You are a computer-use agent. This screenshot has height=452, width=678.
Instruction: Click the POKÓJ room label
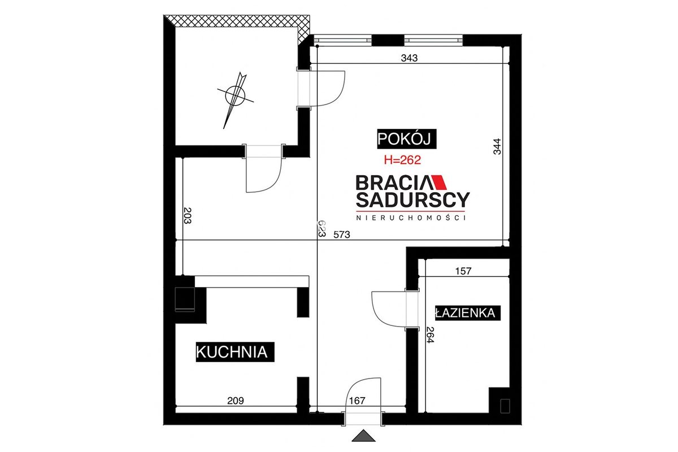pyautogui.click(x=406, y=139)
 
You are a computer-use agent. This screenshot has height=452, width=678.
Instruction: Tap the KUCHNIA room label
pyautogui.click(x=235, y=352)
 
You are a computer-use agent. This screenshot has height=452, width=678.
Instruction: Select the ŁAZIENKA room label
pyautogui.click(x=468, y=313)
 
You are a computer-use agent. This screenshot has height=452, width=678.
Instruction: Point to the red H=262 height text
pyautogui.click(x=402, y=160)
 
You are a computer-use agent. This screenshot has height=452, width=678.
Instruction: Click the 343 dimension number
pyautogui.click(x=409, y=58)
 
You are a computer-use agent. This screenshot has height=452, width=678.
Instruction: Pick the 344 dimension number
pyautogui.click(x=497, y=146)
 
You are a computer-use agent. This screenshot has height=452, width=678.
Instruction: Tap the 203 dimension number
pyautogui.click(x=188, y=215)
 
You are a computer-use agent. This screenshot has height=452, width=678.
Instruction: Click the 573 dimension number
pyautogui.click(x=342, y=234)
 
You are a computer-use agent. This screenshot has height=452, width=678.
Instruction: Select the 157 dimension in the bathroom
pyautogui.click(x=463, y=271)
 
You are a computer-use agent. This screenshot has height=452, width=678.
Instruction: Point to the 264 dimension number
pyautogui.click(x=430, y=335)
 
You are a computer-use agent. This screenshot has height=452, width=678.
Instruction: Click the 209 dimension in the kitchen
pyautogui.click(x=236, y=401)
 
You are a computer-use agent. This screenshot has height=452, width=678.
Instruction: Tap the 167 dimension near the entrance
pyautogui.click(x=357, y=401)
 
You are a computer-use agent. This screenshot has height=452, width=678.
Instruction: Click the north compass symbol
pyautogui.click(x=235, y=95)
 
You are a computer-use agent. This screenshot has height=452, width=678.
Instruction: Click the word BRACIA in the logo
pyautogui.click(x=393, y=182)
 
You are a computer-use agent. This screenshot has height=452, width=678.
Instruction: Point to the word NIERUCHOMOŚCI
pyautogui.click(x=411, y=218)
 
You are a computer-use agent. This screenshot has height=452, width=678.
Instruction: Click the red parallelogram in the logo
pyautogui.click(x=439, y=182)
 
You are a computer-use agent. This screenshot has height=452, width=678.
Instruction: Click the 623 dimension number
pyautogui.click(x=321, y=229)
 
